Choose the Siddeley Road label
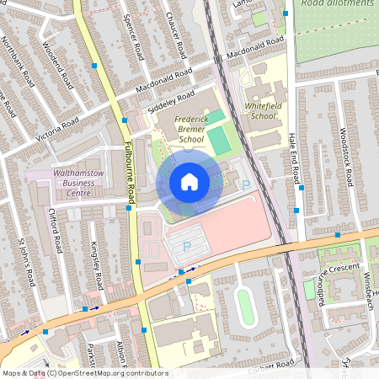(x=172, y=100)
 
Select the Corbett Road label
(x=271, y=364)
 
